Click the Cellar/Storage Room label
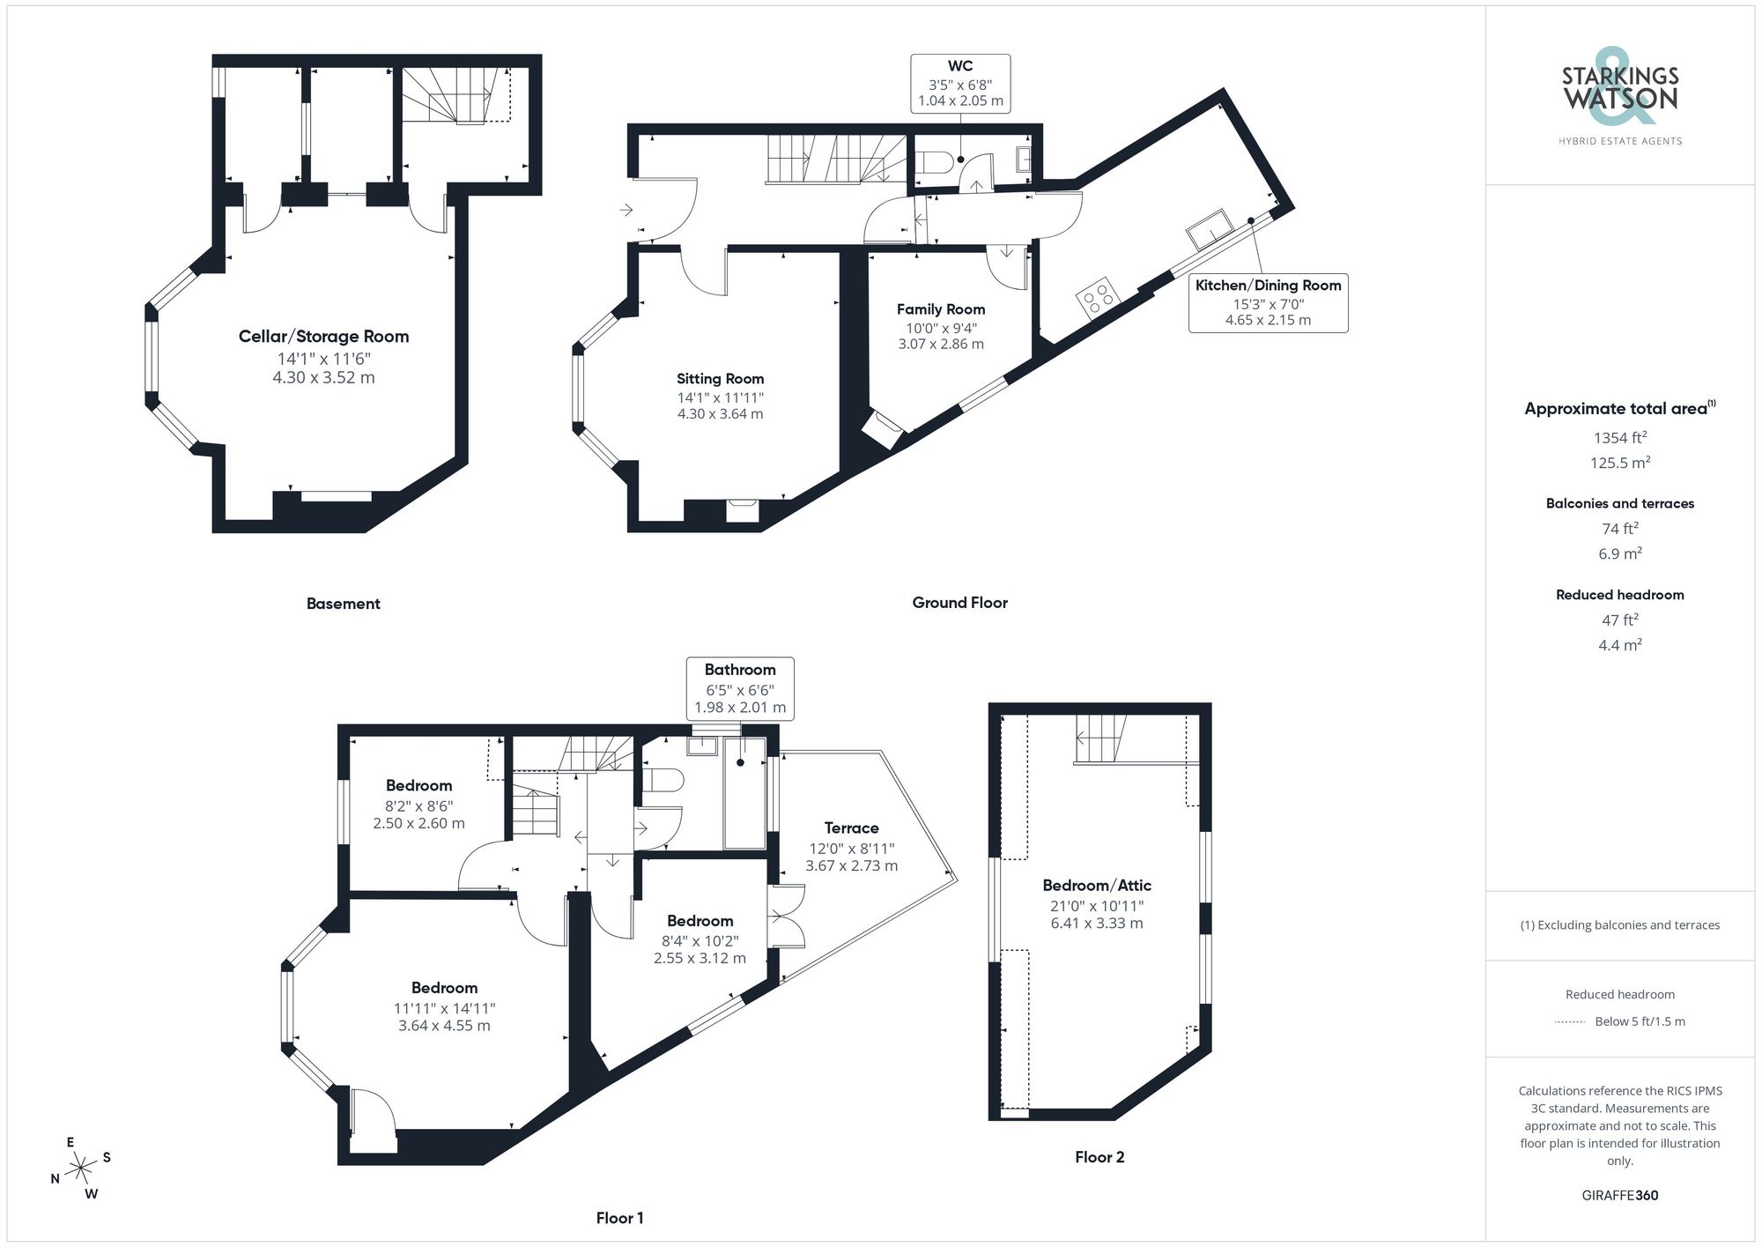(x=323, y=336)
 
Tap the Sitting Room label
(x=720, y=378)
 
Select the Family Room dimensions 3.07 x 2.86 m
(x=940, y=344)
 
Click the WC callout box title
(x=960, y=66)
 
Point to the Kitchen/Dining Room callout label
(x=1268, y=285)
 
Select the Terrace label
(x=851, y=828)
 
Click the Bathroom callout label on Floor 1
(x=740, y=670)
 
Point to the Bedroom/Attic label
(x=1097, y=885)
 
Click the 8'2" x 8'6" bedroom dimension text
(x=418, y=805)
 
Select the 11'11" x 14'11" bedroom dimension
(x=444, y=1008)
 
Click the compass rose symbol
(x=81, y=1169)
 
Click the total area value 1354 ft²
(x=1619, y=437)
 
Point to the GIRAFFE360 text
(x=1619, y=1195)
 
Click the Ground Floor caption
(x=959, y=603)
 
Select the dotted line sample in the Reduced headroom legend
(x=1570, y=1022)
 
